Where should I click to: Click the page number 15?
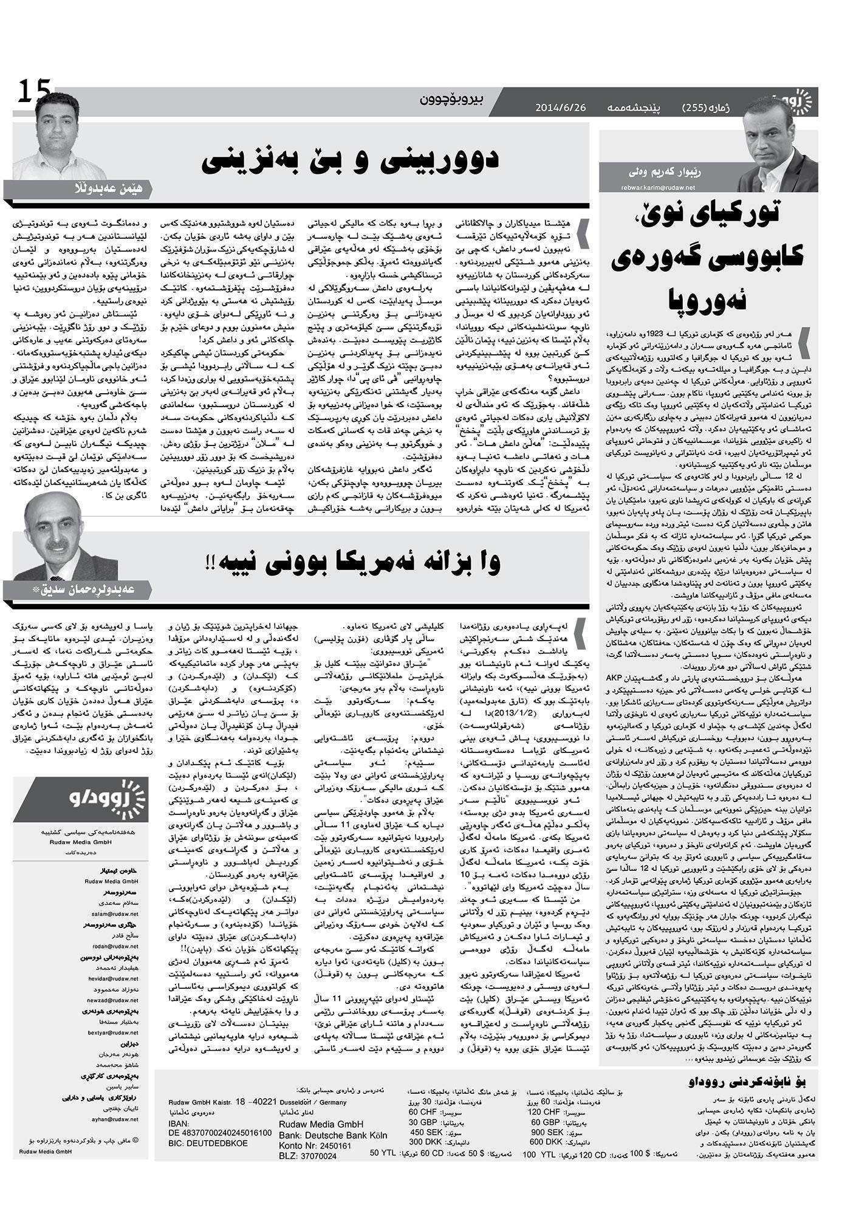click(34, 92)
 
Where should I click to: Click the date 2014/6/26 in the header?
click(560, 108)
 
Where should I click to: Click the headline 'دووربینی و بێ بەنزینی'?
click(351, 159)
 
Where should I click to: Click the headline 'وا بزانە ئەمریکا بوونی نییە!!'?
click(351, 563)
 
